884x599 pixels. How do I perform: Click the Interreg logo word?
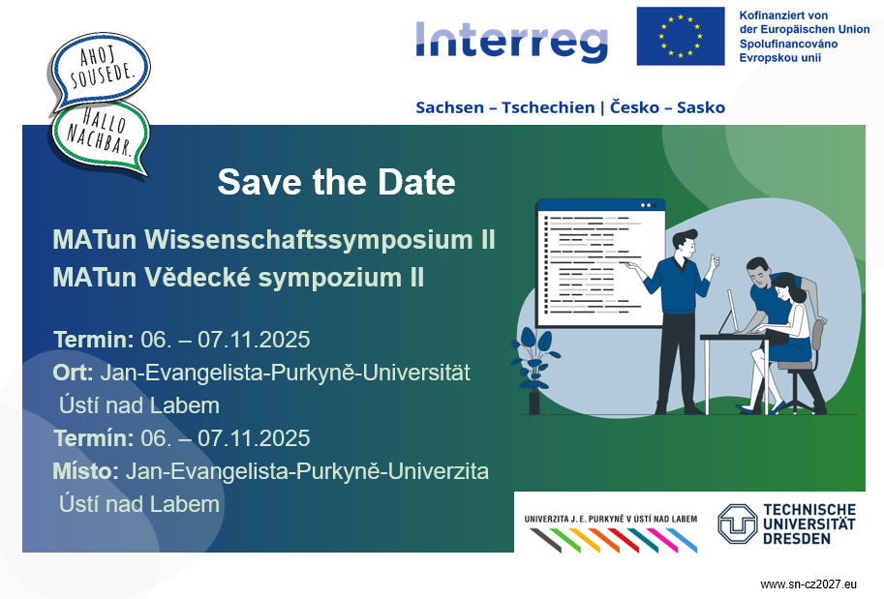click(x=512, y=41)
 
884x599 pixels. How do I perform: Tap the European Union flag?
click(x=681, y=36)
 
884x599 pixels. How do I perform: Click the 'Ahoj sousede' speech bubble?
click(x=99, y=71)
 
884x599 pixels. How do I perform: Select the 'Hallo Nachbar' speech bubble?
click(x=102, y=137)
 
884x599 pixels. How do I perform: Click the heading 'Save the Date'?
click(x=336, y=182)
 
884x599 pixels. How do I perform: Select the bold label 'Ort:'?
click(x=74, y=373)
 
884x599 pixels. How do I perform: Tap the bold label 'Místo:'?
click(x=86, y=471)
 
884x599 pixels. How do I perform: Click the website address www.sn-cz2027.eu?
click(x=808, y=584)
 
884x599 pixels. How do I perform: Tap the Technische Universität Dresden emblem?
click(x=737, y=524)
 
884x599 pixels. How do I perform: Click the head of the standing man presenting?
click(x=686, y=243)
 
